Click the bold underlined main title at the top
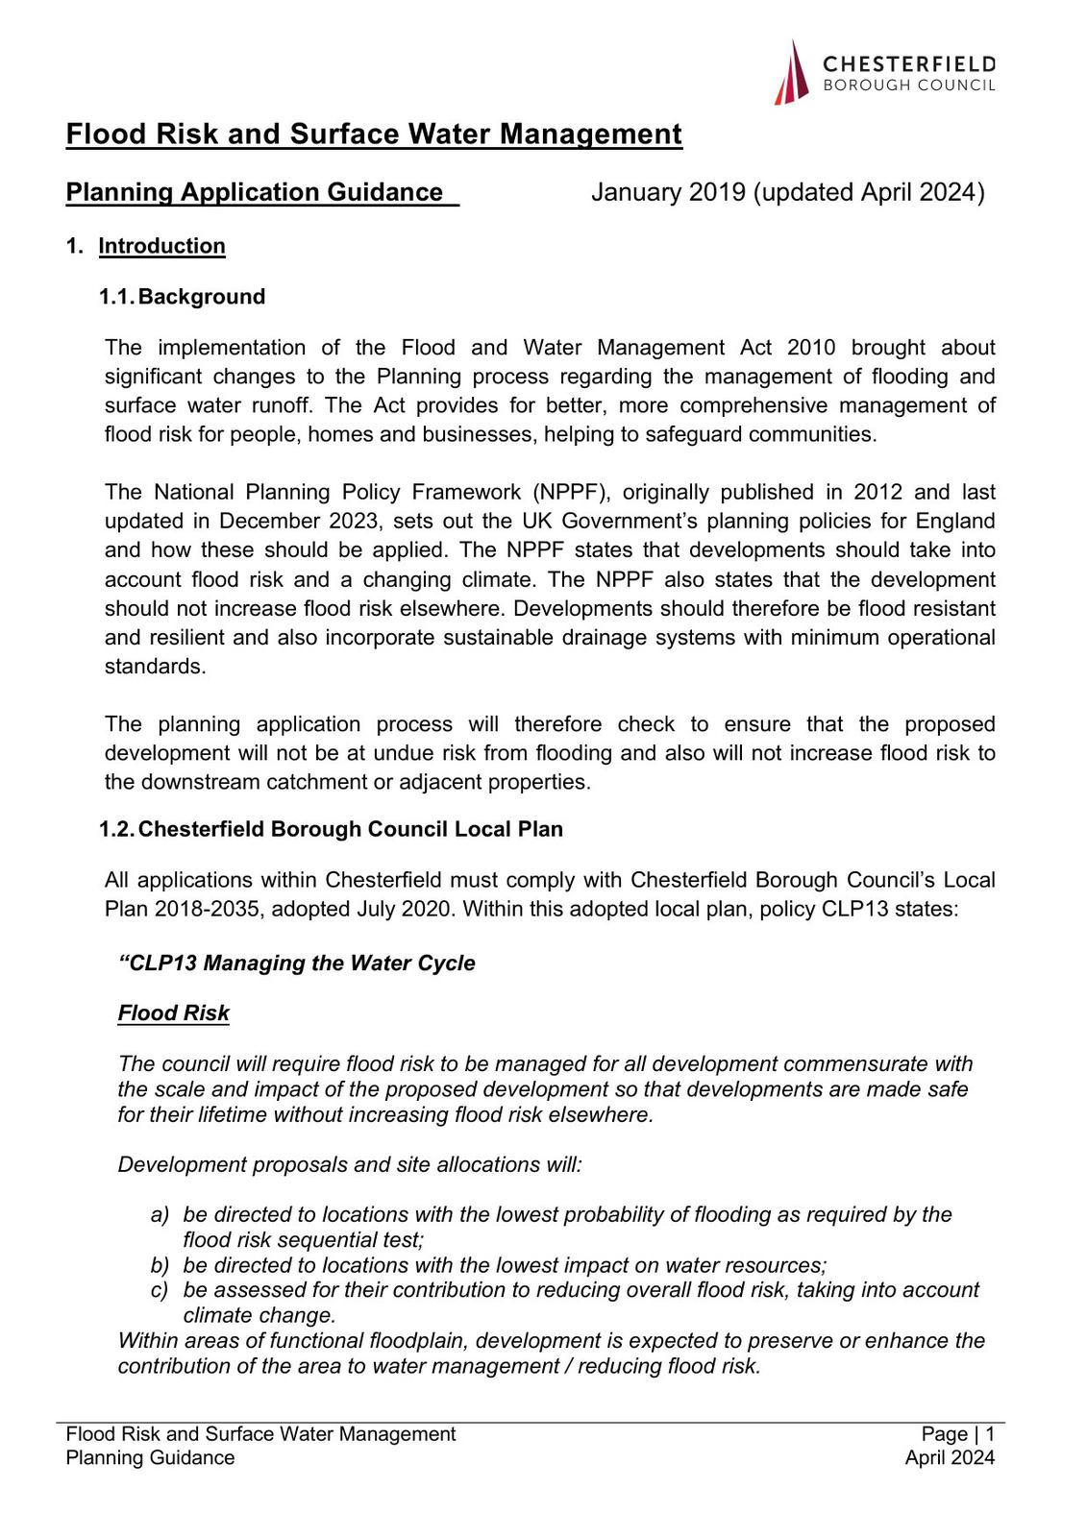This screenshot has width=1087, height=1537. point(374,134)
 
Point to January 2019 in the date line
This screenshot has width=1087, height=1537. point(668,192)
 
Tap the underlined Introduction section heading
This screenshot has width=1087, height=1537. point(161,246)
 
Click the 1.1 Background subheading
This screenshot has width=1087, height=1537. point(183,297)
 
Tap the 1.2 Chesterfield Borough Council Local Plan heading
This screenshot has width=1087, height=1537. point(332,829)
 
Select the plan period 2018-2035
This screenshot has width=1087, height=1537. point(207,909)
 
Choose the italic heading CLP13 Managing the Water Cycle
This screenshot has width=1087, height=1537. point(297,964)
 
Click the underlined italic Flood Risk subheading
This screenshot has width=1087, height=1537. point(174,1013)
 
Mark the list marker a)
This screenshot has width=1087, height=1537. point(160,1215)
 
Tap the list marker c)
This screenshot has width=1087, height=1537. point(160,1290)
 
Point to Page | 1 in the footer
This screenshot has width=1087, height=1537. point(957,1434)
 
